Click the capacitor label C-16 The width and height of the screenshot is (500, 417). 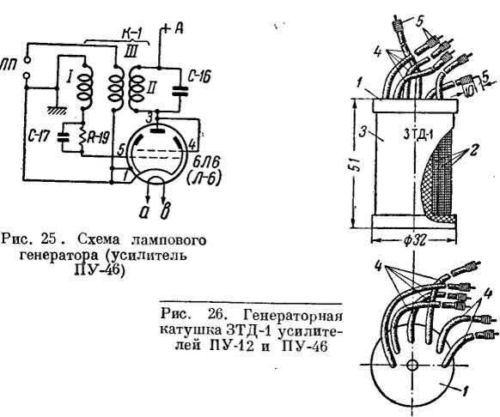click(x=199, y=77)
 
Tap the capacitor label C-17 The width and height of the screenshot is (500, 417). click(x=39, y=136)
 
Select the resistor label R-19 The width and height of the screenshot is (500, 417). click(x=98, y=138)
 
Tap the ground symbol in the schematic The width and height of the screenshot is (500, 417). click(x=57, y=110)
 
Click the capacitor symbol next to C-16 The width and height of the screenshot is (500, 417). click(x=180, y=90)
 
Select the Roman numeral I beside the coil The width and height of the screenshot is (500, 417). click(x=69, y=77)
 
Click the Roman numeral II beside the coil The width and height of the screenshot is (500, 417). click(x=151, y=88)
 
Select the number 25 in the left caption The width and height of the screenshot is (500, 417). click(x=49, y=239)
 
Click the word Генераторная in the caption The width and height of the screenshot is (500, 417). click(x=293, y=317)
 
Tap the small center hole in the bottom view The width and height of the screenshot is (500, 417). click(x=412, y=365)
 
